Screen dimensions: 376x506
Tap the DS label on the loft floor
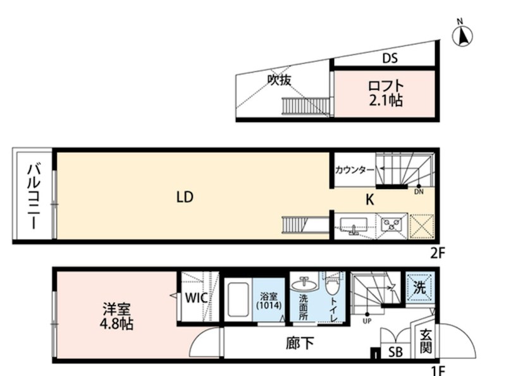[x=390, y=59]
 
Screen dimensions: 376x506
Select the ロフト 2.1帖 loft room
[x=385, y=93]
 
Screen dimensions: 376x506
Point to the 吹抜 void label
[x=278, y=80]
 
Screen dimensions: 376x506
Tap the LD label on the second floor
[x=184, y=197]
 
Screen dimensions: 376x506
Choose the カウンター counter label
[x=355, y=169]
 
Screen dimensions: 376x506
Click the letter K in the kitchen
[x=371, y=200]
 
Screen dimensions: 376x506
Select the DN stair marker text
[x=419, y=191]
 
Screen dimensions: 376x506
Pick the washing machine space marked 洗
[x=419, y=286]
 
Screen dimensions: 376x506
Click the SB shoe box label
[x=396, y=351]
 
